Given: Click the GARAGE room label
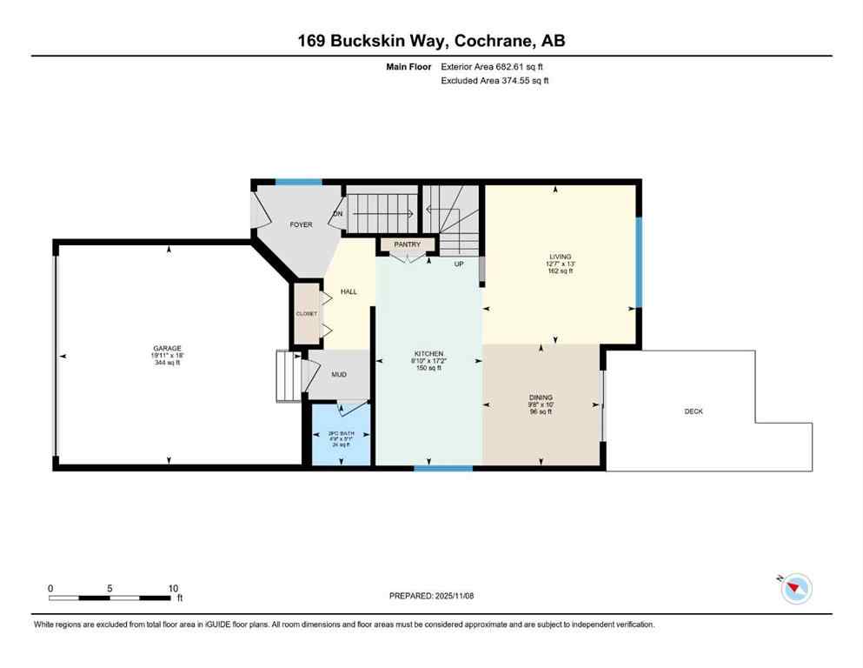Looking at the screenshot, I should (168, 349).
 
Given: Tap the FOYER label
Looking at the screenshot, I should (301, 224).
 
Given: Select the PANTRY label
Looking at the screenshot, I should (407, 245).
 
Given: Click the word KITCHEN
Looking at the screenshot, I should (428, 354).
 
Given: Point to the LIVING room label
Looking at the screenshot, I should (560, 257).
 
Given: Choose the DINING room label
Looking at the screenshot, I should (541, 397).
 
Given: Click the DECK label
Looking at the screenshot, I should (693, 411).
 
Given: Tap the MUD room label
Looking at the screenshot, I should (339, 375).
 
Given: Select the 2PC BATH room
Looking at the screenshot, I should (341, 433).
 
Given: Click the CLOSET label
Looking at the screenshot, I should (307, 313).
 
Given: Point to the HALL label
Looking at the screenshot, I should (349, 291).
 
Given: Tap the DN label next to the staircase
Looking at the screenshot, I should (337, 214).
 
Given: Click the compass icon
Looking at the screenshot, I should (795, 589).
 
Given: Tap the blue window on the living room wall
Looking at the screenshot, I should (638, 262).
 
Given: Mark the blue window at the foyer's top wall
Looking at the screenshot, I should (298, 182).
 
